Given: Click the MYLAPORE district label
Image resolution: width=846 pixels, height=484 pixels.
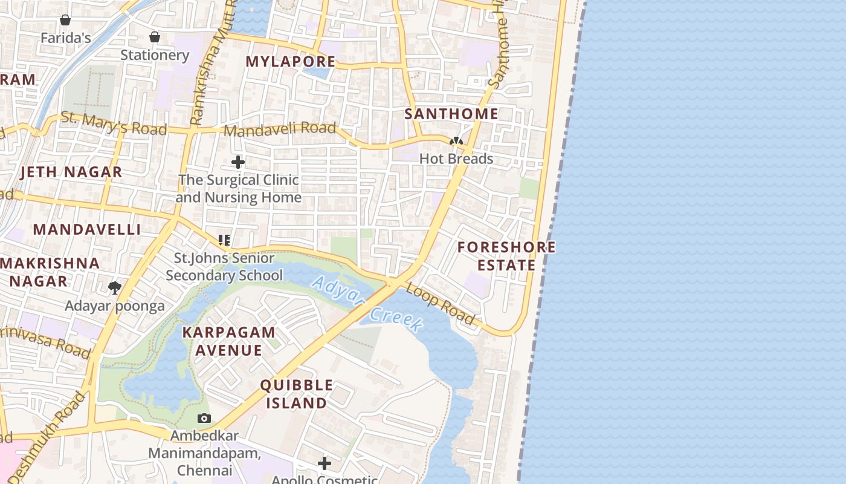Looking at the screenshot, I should tap(290, 62).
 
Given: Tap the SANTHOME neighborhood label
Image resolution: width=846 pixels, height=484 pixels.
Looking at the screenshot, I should tap(451, 114).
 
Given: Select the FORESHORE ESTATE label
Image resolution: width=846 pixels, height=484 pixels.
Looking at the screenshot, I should tap(506, 256).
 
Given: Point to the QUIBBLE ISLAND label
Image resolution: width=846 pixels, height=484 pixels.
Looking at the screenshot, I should tap(296, 394).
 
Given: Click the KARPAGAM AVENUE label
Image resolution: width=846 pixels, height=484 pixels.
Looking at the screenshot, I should tap(229, 341).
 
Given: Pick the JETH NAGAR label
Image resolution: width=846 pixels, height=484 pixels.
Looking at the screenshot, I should tap(71, 172).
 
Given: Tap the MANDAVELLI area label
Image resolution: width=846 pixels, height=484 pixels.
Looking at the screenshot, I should tap(86, 230).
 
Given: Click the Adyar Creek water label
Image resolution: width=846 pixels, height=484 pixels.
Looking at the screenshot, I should tap(367, 304).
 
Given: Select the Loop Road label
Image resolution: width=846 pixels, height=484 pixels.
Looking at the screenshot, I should tap(440, 304).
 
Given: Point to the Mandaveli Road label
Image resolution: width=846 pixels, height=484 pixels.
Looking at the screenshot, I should tap(279, 129).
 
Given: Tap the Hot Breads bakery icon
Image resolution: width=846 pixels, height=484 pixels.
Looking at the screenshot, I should tap(456, 142).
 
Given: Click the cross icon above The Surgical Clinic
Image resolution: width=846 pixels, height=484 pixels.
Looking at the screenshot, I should tap(238, 162).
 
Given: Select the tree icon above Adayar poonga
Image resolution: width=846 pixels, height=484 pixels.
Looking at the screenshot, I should tap(114, 287).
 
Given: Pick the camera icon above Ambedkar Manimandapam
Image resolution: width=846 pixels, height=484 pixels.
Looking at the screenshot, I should tap(204, 418).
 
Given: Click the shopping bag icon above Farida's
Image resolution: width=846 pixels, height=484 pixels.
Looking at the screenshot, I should tap(65, 20).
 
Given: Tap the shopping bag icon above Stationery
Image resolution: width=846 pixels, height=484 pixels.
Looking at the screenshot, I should tap(155, 37).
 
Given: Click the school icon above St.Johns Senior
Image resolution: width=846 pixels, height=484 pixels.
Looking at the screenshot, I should tap(224, 240).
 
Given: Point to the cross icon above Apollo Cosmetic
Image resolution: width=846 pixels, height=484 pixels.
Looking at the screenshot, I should tap(325, 463).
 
